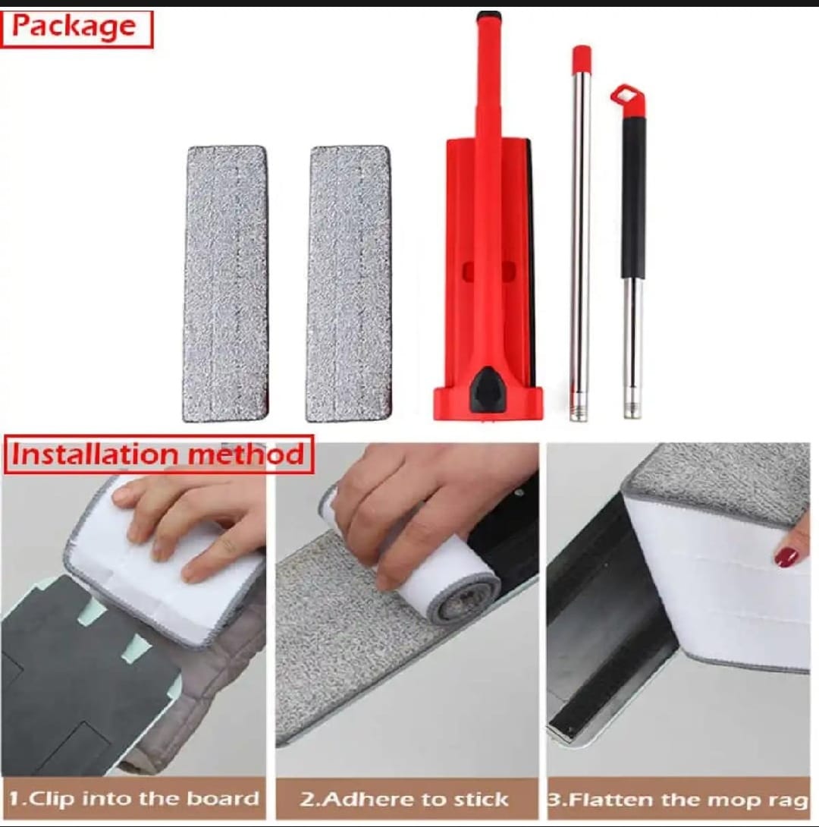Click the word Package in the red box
tap(74, 27)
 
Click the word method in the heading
tap(246, 454)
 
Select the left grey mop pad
tap(225, 284)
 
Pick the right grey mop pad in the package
tap(348, 284)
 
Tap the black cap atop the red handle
tap(488, 17)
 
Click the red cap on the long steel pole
tap(582, 59)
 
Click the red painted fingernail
tap(787, 556)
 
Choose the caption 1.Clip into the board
tap(134, 798)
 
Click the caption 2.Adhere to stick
tap(404, 799)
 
